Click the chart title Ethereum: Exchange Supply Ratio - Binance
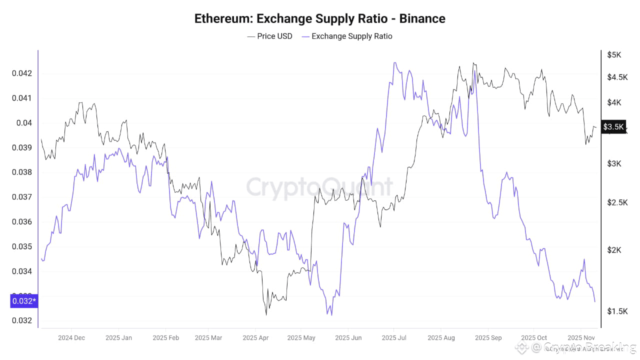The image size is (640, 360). tap(319, 18)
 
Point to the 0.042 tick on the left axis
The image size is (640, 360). tap(21, 73)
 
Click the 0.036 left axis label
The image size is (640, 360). tap(21, 222)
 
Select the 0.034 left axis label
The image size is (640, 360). tap(21, 271)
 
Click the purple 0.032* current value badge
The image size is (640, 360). tap(23, 301)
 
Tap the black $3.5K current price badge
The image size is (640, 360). tap(613, 127)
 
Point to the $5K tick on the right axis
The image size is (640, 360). tap(614, 54)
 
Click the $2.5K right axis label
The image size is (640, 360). tap(617, 202)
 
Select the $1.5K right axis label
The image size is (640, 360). tap(617, 311)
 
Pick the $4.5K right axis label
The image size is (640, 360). tap(617, 77)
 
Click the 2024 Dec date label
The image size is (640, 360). tap(71, 338)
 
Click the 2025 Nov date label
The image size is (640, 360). tap(581, 338)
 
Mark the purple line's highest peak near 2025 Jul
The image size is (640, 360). tap(394, 63)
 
